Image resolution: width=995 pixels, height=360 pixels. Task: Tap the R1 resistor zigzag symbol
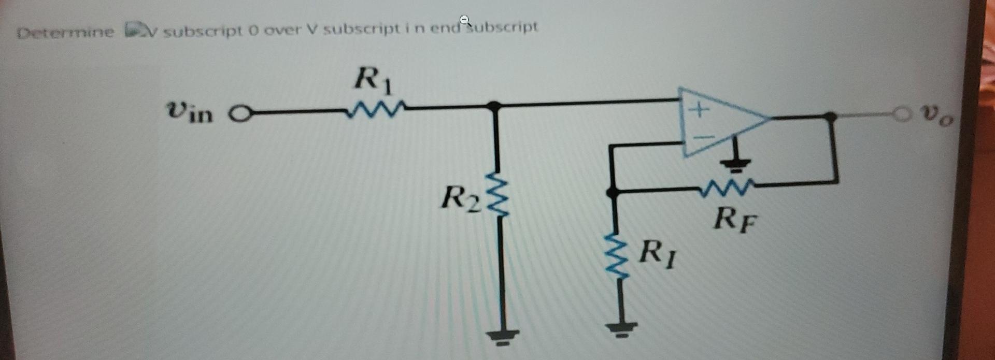coord(372,109)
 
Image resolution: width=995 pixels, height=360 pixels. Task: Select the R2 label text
coord(458,198)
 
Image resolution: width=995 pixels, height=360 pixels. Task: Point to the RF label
coord(735,220)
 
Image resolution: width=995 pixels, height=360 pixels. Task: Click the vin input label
coord(190,111)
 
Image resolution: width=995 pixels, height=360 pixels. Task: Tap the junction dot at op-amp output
coord(830,116)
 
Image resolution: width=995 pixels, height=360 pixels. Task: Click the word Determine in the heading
coord(65,32)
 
